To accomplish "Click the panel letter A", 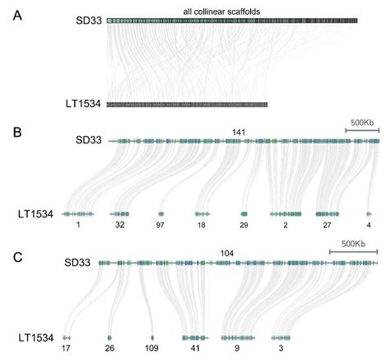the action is click(17, 16).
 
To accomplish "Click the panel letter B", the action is click(17, 133).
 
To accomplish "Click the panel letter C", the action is click(18, 257).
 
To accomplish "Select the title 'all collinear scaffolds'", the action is click(221, 12).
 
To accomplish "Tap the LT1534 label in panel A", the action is click(83, 104).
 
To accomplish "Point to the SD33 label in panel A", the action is click(89, 21).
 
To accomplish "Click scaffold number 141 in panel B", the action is click(239, 133).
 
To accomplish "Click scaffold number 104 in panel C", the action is click(227, 253).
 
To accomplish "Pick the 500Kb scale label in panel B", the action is click(362, 123).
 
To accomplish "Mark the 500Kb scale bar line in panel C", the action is click(354, 251).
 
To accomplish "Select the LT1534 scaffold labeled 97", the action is click(160, 214).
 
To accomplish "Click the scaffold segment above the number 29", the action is click(244, 214).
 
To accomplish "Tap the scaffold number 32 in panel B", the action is click(120, 225).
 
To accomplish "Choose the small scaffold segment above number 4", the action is click(369, 214).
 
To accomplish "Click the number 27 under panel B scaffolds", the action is click(327, 225).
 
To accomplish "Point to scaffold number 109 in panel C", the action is click(151, 348).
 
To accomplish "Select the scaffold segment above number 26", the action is click(109, 338).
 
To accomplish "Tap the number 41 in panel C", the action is click(195, 348).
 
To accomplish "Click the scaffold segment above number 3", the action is click(281, 338).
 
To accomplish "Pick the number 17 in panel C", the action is click(66, 348).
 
